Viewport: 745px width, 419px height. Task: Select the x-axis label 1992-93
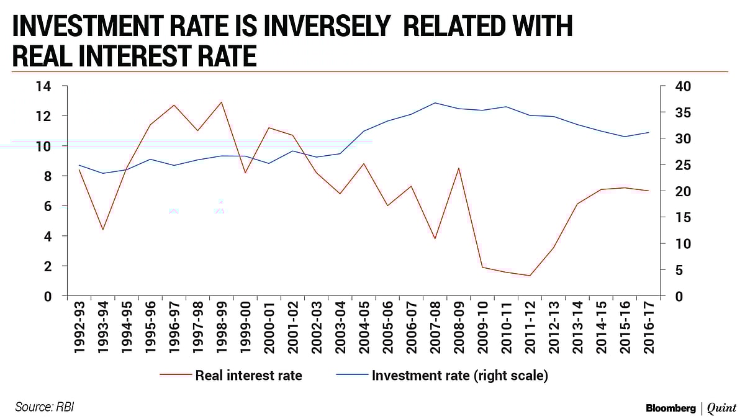[79, 327]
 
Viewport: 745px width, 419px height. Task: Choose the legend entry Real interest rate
[248, 376]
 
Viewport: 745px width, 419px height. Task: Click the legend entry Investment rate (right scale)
[459, 376]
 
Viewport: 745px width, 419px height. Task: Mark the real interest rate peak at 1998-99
[221, 102]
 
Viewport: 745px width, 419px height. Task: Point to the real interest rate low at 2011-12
[529, 276]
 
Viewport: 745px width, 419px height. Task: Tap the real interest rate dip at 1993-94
[103, 230]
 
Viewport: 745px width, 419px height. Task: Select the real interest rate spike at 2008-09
[458, 168]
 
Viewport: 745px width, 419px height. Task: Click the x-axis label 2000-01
[269, 327]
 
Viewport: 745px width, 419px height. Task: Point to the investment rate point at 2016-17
[648, 132]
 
